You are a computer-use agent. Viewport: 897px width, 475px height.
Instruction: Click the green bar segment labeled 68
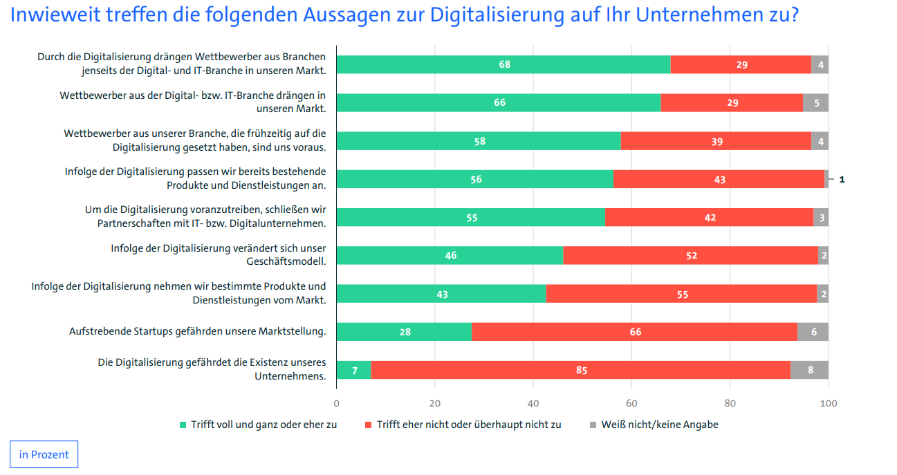pos(503,65)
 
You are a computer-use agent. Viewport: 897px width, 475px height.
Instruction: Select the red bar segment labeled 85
pos(581,371)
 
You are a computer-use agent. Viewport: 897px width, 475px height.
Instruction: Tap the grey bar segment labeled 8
pos(810,371)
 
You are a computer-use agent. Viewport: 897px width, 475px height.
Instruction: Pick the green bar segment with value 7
pos(354,371)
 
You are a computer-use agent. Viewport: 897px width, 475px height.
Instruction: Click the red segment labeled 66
pos(635,332)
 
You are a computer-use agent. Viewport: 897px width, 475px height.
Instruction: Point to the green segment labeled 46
pos(450,256)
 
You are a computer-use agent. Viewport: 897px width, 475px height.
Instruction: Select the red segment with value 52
pos(690,256)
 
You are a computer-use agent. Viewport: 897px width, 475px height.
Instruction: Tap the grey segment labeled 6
pos(813,332)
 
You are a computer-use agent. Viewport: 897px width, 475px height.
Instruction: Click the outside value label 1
pos(842,180)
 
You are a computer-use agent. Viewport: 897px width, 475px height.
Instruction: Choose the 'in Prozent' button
pos(44,454)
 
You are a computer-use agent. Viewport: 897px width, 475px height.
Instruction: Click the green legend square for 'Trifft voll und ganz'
pos(183,425)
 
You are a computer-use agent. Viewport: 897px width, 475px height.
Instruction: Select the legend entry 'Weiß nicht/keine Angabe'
pos(660,425)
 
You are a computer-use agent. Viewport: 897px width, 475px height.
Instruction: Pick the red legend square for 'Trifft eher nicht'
pos(369,425)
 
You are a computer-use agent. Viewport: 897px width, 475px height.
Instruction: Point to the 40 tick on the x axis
pos(533,403)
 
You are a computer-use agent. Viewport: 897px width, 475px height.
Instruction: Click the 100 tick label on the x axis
pos(828,403)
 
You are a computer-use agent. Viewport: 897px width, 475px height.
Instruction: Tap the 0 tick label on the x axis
pos(337,403)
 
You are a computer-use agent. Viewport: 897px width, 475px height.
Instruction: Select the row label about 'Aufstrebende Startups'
pos(197,331)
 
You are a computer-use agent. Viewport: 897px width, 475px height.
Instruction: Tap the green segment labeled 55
pos(471,218)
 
